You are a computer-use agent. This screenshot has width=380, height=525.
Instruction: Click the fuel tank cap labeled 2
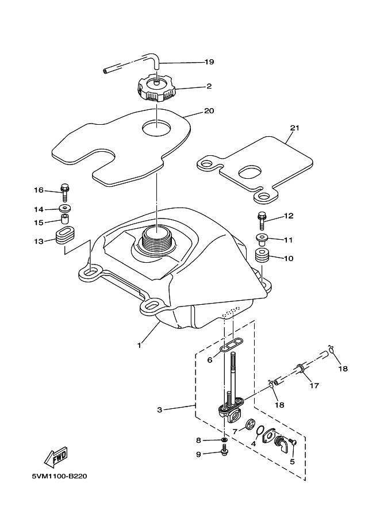(x=156, y=89)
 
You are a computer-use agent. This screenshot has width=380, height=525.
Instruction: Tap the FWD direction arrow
(x=56, y=458)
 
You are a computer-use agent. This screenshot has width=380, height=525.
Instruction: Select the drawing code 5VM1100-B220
(x=60, y=476)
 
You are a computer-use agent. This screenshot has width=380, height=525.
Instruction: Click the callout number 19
(x=209, y=62)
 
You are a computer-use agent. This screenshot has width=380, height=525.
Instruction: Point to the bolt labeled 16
(x=64, y=193)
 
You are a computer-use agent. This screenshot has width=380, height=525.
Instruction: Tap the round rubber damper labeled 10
(x=262, y=255)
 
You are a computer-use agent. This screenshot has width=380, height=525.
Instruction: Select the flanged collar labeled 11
(x=262, y=239)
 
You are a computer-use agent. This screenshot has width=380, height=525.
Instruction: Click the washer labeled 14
(x=64, y=209)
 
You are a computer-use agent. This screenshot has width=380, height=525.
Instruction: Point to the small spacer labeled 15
(x=64, y=220)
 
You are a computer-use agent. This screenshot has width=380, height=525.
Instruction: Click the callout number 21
(x=294, y=128)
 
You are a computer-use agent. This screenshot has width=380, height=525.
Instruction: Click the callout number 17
(x=314, y=385)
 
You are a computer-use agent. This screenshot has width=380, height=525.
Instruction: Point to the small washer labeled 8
(x=224, y=440)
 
